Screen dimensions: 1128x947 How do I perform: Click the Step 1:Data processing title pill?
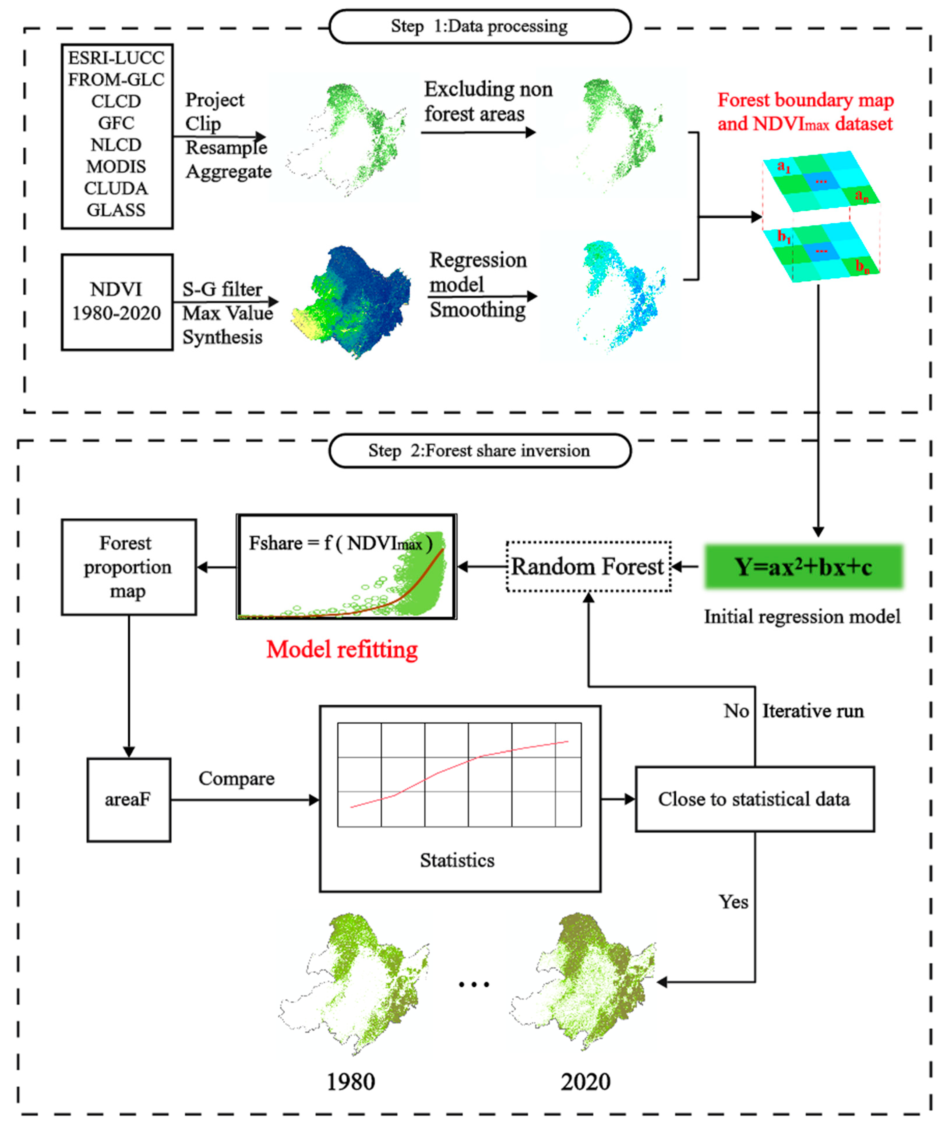479,26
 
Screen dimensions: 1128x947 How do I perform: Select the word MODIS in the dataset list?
116,167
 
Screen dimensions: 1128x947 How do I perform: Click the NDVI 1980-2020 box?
117,302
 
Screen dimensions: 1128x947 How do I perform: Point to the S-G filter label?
222,289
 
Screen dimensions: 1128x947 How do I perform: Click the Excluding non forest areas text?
487,101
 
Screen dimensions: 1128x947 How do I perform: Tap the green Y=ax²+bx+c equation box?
803,567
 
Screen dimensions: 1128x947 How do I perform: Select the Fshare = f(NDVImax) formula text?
340,544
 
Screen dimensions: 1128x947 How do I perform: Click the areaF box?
128,800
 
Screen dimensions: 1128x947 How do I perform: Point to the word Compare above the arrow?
237,778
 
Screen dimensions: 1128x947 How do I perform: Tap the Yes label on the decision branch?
733,901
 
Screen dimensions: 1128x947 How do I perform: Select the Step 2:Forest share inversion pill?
479,451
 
